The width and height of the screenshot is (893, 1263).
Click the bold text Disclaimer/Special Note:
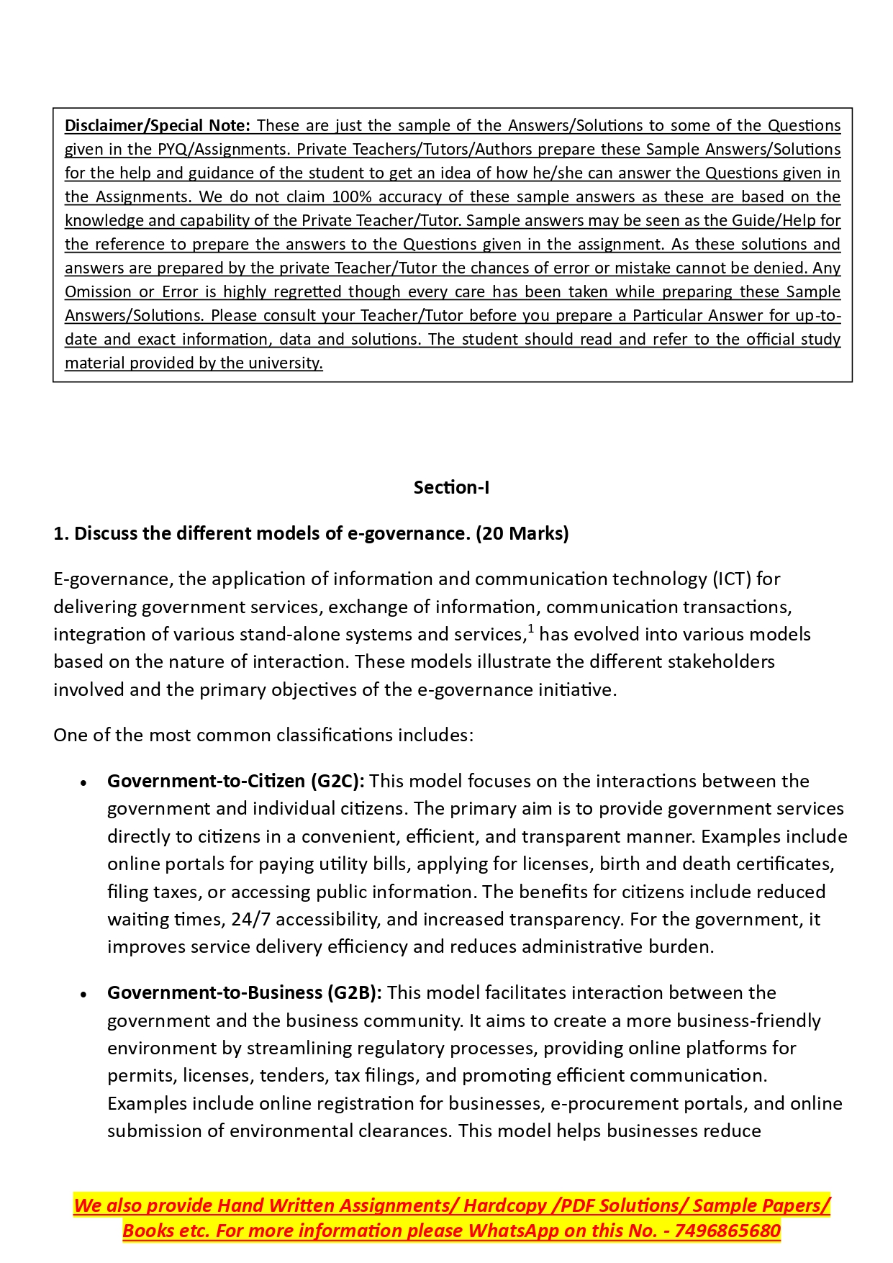coord(157,126)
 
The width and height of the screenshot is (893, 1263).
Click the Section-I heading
coord(451,488)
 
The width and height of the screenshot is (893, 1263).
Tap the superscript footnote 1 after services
coord(531,629)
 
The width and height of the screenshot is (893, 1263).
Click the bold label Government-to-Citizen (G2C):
coord(236,782)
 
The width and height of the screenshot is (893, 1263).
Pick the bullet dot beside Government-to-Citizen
coord(84,783)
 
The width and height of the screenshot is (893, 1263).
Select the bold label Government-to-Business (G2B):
coord(245,993)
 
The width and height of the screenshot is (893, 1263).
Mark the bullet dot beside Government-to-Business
coord(84,995)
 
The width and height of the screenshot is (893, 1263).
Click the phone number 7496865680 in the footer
coord(727,1231)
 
